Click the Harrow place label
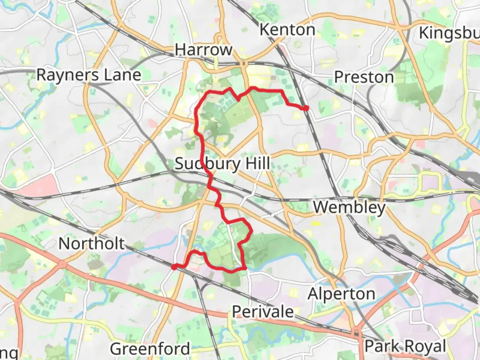[203, 50]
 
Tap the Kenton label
[287, 30]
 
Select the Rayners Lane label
[89, 75]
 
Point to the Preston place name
[364, 77]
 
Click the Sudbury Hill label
[223, 164]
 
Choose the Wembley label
[349, 207]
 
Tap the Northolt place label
[92, 244]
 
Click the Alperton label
[341, 294]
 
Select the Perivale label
[263, 312]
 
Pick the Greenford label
[150, 349]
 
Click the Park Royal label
[405, 346]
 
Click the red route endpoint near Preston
[305, 108]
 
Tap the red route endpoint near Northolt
[174, 267]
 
